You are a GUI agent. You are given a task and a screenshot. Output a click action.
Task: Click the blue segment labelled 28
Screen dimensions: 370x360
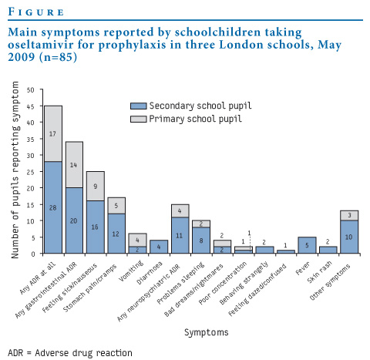pos(53,207)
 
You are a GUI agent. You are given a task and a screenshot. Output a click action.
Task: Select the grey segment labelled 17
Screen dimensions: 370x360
pos(53,133)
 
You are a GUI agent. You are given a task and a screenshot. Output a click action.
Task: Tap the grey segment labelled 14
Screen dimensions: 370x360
pos(74,165)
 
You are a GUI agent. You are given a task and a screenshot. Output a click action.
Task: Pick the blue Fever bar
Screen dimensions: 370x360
pos(307,245)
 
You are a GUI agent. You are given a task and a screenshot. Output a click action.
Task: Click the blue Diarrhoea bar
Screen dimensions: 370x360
pos(159,247)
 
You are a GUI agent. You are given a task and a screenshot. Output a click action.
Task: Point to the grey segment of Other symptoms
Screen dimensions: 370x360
pos(349,216)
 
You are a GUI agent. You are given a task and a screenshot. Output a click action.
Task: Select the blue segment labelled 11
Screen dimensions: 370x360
pos(180,235)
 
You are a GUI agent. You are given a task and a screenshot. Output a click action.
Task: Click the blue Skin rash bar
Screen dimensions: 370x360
pos(328,250)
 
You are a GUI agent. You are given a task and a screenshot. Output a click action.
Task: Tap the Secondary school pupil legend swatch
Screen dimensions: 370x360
pos(139,106)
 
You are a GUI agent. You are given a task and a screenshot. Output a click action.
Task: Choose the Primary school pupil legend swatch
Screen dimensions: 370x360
pos(139,119)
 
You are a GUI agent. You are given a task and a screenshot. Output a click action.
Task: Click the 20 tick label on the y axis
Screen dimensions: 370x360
pos(31,188)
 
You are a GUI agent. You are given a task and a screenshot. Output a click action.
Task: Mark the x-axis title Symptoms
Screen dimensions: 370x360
pos(207,332)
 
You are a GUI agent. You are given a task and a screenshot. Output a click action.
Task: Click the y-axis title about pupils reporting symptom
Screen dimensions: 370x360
pos(15,170)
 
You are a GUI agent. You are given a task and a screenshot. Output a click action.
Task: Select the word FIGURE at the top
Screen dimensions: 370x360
pos(36,12)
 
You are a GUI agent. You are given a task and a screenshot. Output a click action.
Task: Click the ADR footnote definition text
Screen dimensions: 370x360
pos(70,353)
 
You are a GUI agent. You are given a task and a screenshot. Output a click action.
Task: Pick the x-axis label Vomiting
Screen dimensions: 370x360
pos(132,271)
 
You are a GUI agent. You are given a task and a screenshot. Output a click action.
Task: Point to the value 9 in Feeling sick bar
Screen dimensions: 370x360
pos(96,187)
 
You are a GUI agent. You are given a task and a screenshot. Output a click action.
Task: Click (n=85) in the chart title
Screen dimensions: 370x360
pos(58,57)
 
